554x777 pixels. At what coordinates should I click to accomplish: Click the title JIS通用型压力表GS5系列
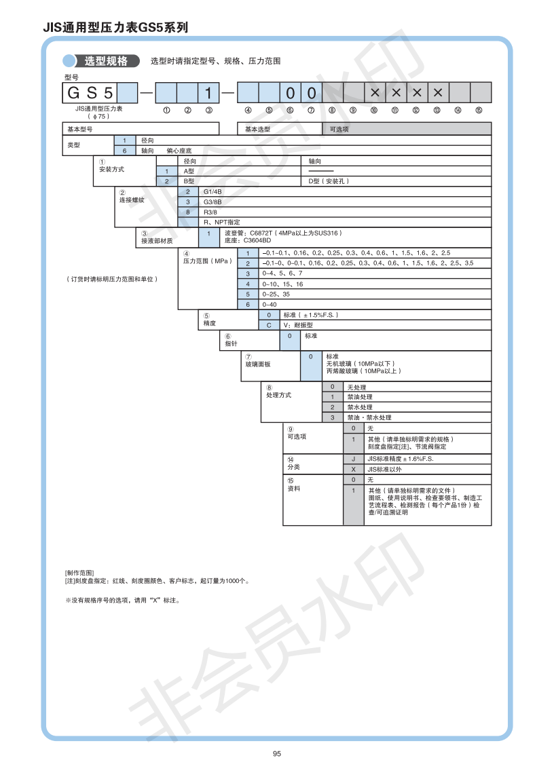(x=115, y=28)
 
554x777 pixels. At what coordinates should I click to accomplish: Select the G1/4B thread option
(x=213, y=192)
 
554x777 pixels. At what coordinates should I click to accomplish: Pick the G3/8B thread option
(x=213, y=202)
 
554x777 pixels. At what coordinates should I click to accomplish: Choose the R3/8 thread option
(x=210, y=212)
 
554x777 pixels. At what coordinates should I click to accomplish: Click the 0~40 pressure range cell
(x=270, y=305)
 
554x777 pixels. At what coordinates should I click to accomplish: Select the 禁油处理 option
(x=360, y=397)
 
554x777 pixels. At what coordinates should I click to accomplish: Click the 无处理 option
(x=356, y=387)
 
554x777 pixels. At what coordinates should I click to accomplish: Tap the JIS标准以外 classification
(x=384, y=469)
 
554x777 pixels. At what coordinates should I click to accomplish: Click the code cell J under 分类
(x=353, y=459)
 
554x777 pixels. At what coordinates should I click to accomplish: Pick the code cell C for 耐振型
(x=269, y=325)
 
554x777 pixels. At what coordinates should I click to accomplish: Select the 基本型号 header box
(x=79, y=128)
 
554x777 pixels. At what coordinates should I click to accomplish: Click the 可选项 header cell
(x=339, y=128)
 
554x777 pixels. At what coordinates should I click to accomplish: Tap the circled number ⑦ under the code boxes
(x=311, y=110)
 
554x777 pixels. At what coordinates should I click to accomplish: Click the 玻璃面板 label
(x=258, y=364)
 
